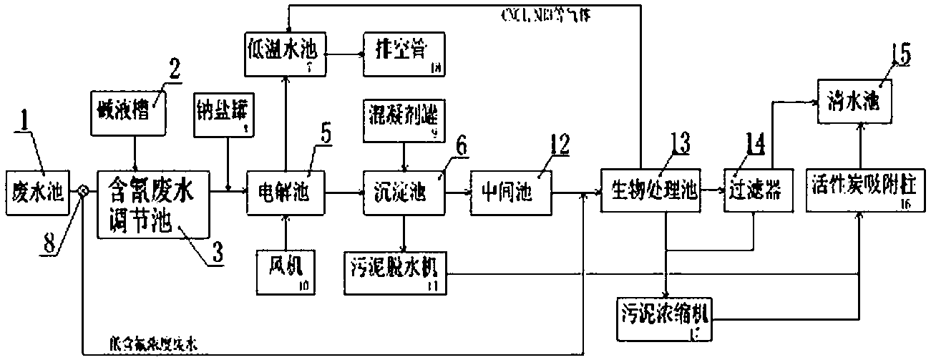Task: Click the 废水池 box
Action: tap(39, 191)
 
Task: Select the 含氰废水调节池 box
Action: tap(152, 203)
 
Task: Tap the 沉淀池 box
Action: tap(404, 191)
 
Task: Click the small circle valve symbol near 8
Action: tap(83, 191)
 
